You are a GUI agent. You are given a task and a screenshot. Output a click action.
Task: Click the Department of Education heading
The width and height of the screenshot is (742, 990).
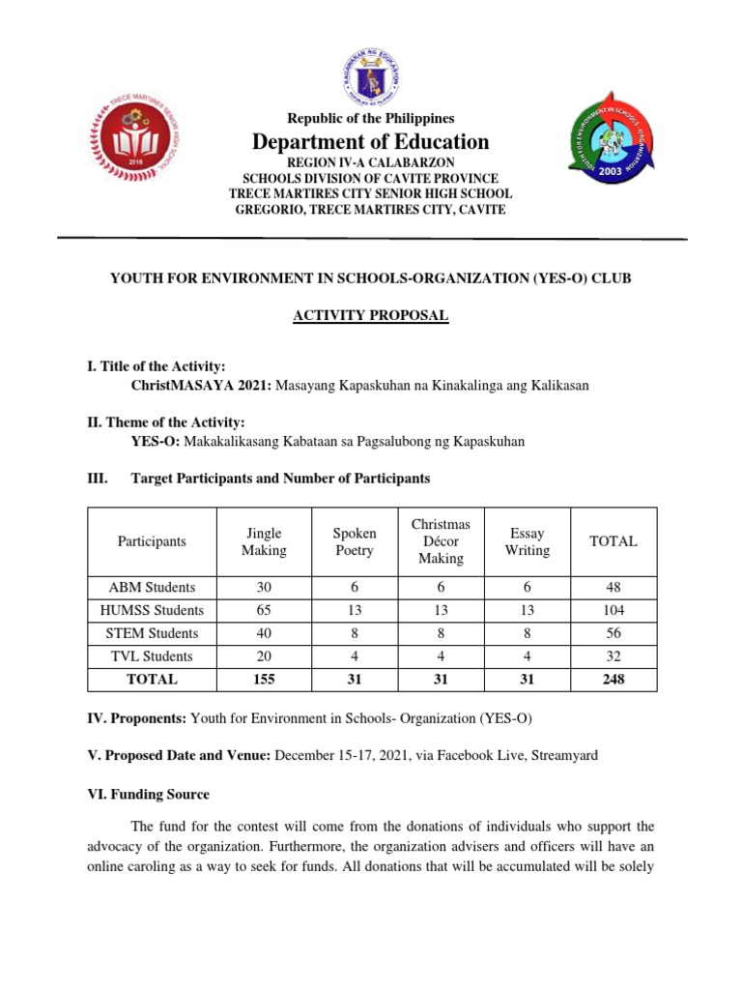pos(371,142)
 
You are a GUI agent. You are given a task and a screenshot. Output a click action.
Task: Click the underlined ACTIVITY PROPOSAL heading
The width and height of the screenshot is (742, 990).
pos(371,316)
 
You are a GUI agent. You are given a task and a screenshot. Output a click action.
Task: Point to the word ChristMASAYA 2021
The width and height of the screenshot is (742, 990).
pos(201,385)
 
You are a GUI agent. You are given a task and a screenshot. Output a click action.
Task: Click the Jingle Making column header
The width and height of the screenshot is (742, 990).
pos(264,541)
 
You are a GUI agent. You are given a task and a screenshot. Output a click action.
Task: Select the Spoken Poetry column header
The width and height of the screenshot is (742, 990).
pos(354,541)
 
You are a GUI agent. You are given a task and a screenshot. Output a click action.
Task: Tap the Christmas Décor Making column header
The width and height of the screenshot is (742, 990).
pos(441,541)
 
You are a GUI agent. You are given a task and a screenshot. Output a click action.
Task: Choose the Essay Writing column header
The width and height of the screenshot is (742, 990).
pos(527,541)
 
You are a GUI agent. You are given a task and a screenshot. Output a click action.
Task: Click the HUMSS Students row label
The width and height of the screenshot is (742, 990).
pos(152,610)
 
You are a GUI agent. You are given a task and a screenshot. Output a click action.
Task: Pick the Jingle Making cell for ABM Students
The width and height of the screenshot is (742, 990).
pos(264,587)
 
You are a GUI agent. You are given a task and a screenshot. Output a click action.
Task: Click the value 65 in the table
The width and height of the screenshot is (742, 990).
pos(264,610)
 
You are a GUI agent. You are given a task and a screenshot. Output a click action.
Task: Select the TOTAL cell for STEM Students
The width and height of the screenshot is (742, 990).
pos(613,633)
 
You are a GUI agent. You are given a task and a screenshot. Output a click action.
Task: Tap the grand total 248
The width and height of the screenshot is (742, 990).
pos(613,680)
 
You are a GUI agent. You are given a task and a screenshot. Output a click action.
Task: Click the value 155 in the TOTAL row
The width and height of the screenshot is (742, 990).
pos(264,680)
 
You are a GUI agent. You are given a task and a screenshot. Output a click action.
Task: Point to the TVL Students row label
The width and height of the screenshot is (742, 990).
pos(152,656)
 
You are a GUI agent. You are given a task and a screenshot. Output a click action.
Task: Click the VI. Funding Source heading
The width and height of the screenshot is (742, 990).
pos(148,794)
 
